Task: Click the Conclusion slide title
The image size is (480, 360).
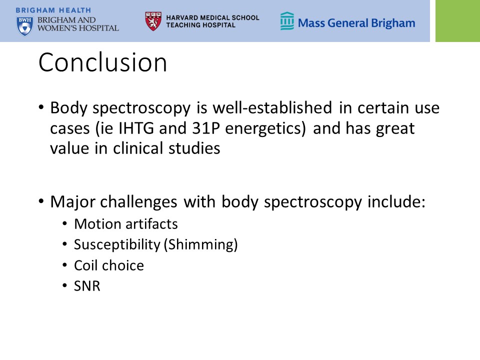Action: tap(103, 62)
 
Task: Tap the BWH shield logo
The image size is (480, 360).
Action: tap(25, 26)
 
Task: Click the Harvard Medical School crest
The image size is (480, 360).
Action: tap(153, 21)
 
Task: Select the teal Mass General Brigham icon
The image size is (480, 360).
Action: tap(287, 21)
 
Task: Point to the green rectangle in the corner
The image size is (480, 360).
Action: tap(457, 21)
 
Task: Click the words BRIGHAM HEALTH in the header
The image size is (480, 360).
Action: tap(53, 10)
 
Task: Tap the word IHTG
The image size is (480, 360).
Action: tap(136, 128)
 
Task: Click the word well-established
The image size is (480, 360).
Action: tap(272, 108)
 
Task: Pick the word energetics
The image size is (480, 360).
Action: tap(265, 128)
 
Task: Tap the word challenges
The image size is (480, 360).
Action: tap(138, 202)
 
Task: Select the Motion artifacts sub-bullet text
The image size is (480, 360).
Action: tap(126, 224)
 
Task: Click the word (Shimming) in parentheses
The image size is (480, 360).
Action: tap(201, 244)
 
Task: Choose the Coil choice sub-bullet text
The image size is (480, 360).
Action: tap(109, 265)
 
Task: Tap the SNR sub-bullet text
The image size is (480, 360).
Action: tap(87, 286)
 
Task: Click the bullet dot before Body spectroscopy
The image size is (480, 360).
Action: tap(41, 108)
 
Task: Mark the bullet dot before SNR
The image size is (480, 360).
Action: tap(64, 286)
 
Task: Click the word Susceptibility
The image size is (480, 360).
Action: tap(117, 244)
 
